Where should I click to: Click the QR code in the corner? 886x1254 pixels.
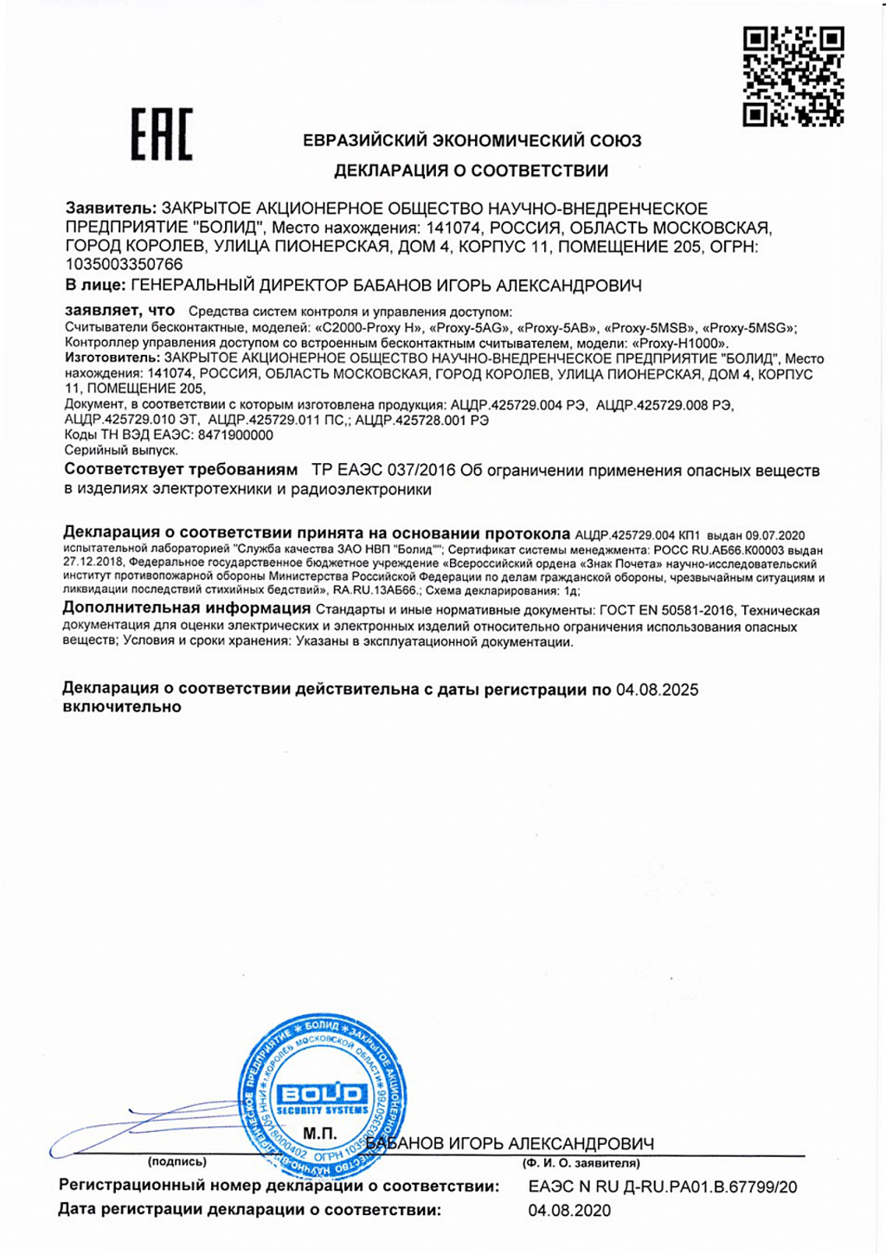point(793,76)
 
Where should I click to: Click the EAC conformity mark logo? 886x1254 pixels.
point(162,135)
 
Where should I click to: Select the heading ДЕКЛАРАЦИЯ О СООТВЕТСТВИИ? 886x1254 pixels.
point(472,170)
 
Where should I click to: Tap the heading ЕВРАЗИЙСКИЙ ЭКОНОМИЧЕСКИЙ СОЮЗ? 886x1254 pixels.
point(472,140)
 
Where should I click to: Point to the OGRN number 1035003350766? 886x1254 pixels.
point(125,264)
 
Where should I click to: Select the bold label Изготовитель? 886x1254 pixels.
point(112,358)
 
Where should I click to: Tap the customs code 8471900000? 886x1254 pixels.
point(235,435)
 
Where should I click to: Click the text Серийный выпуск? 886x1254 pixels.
point(121,450)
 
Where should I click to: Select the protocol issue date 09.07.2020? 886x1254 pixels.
point(775,536)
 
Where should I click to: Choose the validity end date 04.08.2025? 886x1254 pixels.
point(657,690)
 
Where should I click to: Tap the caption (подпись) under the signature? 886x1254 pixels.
point(177,1162)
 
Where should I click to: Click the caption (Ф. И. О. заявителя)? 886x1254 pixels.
point(581,1163)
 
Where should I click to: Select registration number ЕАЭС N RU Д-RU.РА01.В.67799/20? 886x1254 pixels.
point(663,1187)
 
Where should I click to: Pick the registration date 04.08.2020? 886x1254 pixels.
point(569,1211)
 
